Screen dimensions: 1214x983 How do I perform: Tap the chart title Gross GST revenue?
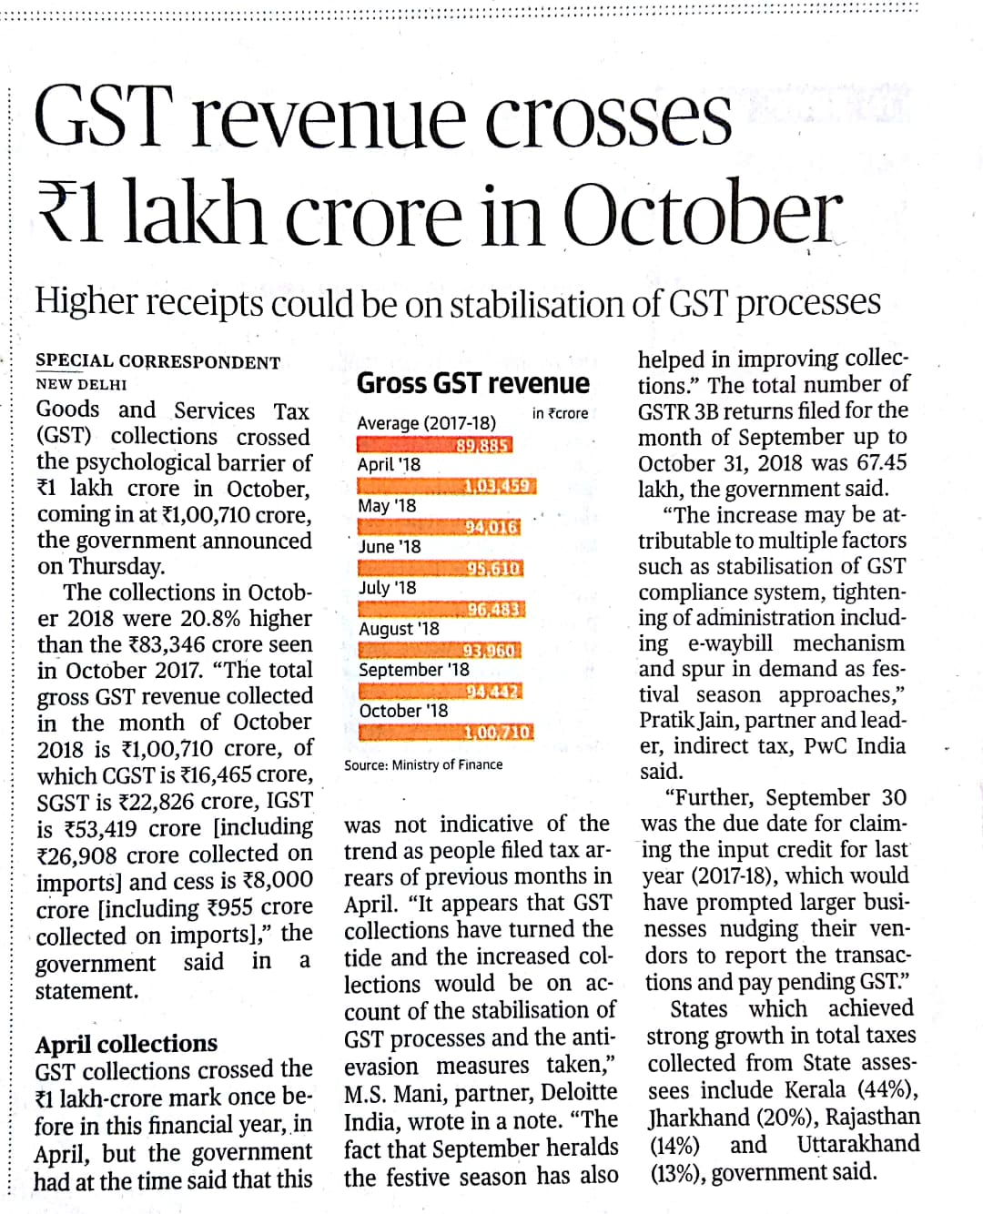point(472,383)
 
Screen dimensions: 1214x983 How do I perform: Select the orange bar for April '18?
point(446,486)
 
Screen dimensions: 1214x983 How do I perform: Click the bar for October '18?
point(446,733)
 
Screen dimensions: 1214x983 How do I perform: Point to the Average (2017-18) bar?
point(434,445)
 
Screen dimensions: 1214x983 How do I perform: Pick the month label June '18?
point(390,546)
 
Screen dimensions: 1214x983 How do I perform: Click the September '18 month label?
point(414,670)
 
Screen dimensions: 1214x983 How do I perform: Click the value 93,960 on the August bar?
point(490,651)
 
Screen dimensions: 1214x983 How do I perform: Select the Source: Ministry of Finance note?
point(423,764)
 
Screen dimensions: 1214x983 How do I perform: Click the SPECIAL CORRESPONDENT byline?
point(157,362)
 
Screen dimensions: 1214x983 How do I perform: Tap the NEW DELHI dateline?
point(81,384)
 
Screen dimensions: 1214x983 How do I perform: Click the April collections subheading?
point(127,1043)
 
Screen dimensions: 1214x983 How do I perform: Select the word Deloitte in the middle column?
point(579,1092)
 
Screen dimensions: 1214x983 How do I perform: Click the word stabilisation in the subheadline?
point(542,303)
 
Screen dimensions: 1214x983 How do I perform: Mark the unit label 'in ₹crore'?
point(560,413)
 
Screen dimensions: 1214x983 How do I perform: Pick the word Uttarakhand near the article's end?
point(858,1144)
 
